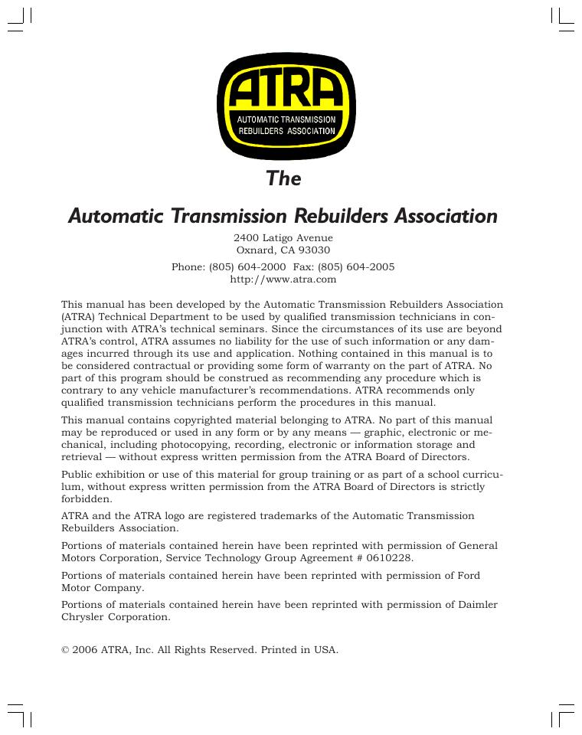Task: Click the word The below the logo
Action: [x=283, y=178]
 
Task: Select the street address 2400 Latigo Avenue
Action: [x=283, y=238]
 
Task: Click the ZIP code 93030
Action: [x=315, y=250]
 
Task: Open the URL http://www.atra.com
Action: [x=283, y=279]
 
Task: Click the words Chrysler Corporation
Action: [x=116, y=617]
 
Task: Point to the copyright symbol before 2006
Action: [x=65, y=650]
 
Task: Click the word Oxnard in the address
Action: [x=250, y=250]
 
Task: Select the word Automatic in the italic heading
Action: [x=113, y=217]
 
